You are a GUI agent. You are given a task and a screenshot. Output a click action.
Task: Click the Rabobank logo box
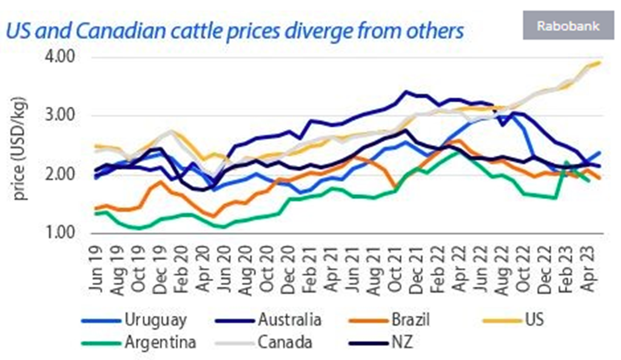[x=568, y=27]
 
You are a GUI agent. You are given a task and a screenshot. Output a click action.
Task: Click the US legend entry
[x=534, y=319]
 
